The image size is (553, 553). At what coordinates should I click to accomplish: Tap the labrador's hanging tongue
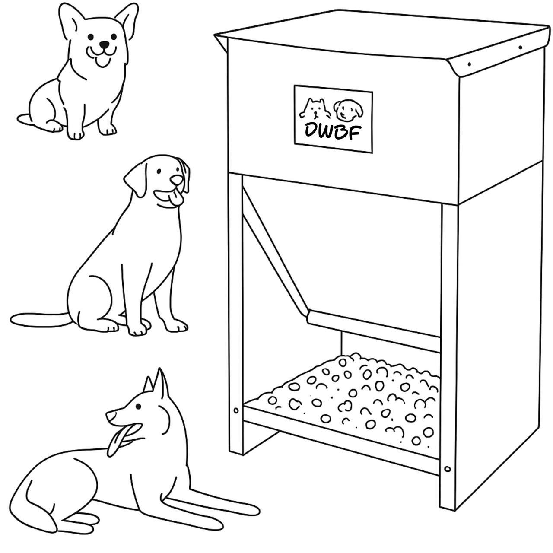176,199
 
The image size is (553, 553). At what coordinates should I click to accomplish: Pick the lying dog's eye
138,406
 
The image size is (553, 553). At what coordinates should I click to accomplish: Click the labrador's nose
176,180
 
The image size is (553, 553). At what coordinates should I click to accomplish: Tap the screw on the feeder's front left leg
236,411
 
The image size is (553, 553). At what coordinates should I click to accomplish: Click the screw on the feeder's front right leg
447,469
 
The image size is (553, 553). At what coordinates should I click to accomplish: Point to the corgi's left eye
91,37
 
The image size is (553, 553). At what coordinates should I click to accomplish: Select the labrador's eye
159,172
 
